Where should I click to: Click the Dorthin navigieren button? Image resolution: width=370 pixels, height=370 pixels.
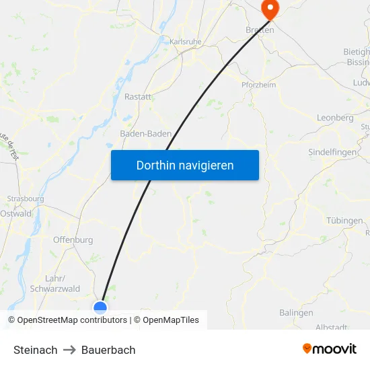tap(184, 165)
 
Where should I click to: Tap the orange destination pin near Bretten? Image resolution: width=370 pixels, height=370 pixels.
tap(270, 9)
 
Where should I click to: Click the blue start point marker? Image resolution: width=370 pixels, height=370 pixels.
tap(100, 307)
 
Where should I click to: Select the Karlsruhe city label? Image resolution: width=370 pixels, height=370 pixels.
tap(186, 42)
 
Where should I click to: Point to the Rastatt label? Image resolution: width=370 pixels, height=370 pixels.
tap(137, 97)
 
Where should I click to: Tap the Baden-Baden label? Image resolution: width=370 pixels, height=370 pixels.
tap(145, 134)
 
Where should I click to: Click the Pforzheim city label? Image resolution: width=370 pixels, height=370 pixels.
tap(259, 85)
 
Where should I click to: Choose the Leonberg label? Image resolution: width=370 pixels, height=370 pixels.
tap(335, 118)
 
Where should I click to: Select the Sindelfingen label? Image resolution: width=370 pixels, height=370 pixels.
tap(332, 153)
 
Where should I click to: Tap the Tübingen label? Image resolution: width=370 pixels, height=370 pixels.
tap(344, 221)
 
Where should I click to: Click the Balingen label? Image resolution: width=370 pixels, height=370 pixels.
tap(296, 313)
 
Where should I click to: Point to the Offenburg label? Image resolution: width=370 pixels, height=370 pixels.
tap(73, 239)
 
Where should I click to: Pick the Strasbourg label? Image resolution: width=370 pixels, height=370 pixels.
tap(26, 199)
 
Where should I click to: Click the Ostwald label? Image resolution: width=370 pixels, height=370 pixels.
tap(15, 213)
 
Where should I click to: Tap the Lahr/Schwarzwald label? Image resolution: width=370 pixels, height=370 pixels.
tap(62, 283)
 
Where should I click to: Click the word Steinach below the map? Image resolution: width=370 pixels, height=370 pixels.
tap(35, 350)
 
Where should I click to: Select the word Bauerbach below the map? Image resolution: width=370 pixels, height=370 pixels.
tap(108, 350)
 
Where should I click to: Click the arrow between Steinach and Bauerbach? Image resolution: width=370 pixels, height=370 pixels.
tap(69, 350)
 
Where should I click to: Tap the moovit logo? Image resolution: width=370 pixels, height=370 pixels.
tap(329, 348)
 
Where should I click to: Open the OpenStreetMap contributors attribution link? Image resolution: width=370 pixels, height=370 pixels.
tap(72, 320)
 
